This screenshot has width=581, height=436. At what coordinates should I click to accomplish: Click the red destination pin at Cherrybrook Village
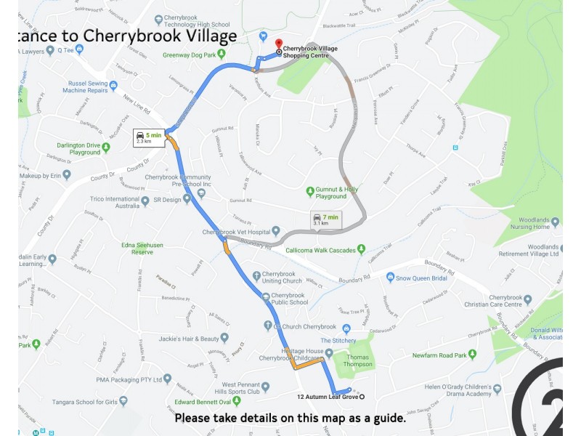pyautogui.click(x=280, y=45)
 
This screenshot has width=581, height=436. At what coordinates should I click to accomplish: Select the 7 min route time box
pyautogui.click(x=325, y=219)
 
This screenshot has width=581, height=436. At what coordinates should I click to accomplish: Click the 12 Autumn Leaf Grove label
pyautogui.click(x=327, y=397)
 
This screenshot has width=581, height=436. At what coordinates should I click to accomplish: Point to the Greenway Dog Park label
pyautogui.click(x=190, y=54)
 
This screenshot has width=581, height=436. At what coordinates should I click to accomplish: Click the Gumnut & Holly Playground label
pyautogui.click(x=336, y=193)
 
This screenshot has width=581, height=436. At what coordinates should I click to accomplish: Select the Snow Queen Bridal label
pyautogui.click(x=423, y=278)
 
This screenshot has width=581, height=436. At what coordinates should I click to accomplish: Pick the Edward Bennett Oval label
pyautogui.click(x=206, y=402)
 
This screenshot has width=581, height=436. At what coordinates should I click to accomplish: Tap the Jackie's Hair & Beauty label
pyautogui.click(x=188, y=339)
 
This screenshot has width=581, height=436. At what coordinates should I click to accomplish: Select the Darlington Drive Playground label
pyautogui.click(x=78, y=149)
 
